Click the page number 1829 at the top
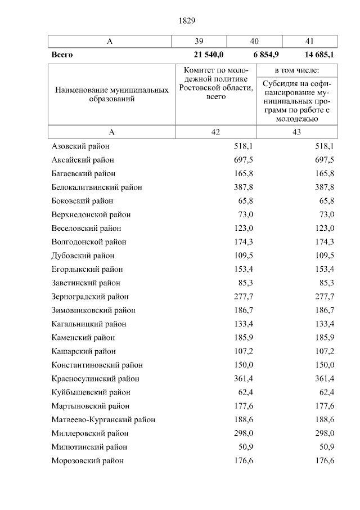pos(187,21)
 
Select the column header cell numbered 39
pos(199,41)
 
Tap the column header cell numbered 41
pos(309,41)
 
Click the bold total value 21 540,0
pos(208,55)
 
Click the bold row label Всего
pos(62,55)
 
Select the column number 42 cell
pos(215,132)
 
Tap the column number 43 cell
pos(296,132)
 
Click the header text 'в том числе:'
pos(296,70)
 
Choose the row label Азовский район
pos(80,146)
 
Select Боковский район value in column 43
pos(326,201)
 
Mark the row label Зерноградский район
pos(89,297)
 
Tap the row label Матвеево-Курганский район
pos(103,419)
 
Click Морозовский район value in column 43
pos(325,460)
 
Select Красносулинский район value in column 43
pos(325,378)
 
